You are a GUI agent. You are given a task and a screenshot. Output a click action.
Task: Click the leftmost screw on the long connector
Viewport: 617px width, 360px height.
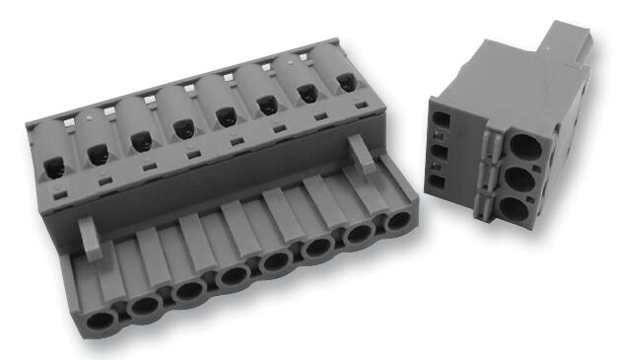click(52, 156)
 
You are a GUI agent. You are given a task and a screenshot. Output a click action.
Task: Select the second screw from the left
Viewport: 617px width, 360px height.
click(98, 154)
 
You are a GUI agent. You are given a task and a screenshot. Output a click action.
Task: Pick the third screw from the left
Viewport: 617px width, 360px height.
click(142, 143)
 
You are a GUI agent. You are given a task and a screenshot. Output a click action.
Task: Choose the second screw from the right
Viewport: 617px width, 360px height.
click(306, 93)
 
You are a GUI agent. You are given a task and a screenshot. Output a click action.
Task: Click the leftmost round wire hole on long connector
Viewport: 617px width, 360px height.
click(99, 321)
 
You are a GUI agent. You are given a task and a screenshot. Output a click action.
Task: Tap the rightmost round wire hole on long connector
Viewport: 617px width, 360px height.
click(396, 219)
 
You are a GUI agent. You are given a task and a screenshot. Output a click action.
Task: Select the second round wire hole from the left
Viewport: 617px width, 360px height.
click(144, 306)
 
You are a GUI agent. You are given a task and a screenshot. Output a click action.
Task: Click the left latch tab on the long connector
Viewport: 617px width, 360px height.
click(90, 237)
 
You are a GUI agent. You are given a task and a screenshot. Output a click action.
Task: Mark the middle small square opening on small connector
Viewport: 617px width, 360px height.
click(439, 153)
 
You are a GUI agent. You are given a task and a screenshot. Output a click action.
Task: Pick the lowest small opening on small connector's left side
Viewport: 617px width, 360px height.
click(438, 182)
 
